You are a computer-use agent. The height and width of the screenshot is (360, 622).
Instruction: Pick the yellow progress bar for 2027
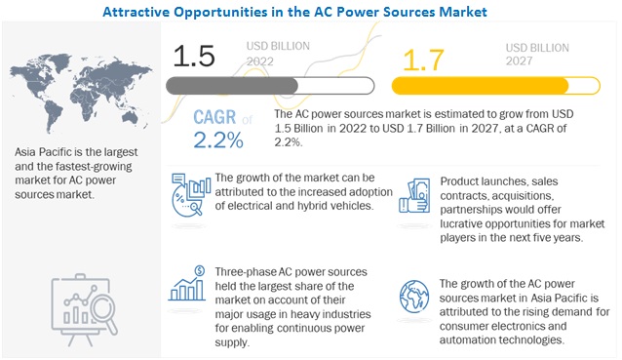coord(481,85)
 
